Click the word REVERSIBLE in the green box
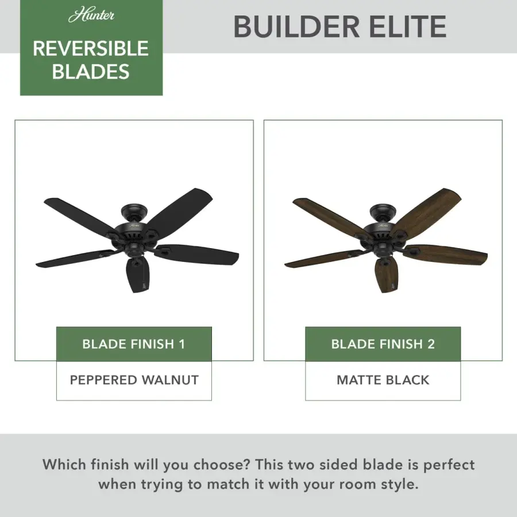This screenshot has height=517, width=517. (91, 48)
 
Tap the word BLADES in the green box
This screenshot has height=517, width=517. (91, 72)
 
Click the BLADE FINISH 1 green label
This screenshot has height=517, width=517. (134, 344)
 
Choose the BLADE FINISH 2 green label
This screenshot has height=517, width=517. (383, 344)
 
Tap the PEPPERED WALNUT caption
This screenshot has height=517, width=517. (134, 380)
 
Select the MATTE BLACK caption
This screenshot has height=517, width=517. (383, 380)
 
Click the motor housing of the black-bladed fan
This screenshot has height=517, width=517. (135, 236)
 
